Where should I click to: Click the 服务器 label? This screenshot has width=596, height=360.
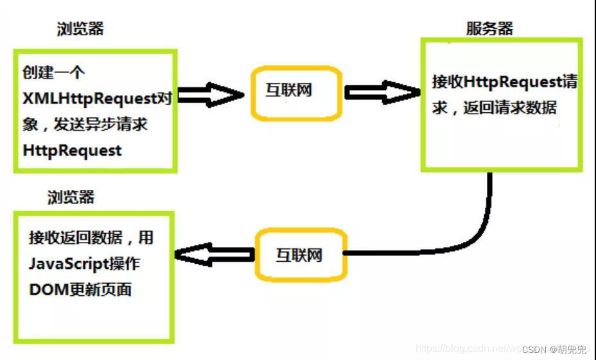point(489,28)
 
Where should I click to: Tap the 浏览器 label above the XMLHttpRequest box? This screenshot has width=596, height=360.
point(80,29)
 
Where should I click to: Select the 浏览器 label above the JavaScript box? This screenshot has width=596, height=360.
point(71,197)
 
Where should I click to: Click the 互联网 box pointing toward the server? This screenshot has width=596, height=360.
point(288,92)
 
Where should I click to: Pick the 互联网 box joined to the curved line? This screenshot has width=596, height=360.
point(299,255)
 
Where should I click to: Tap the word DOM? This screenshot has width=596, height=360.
point(44,289)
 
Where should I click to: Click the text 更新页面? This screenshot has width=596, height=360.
point(96,289)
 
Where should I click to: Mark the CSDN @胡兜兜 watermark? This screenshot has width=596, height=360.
point(554,350)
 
